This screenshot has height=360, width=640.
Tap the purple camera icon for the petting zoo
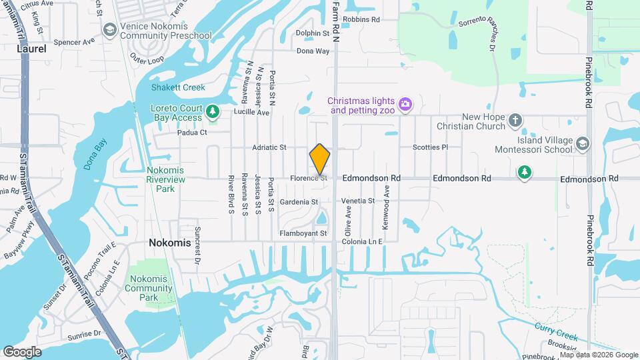tap(404, 105)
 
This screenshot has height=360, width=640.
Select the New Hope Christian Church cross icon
tap(515, 121)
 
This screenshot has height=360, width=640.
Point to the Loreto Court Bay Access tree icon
tap(213, 111)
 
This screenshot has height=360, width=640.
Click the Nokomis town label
tap(169, 243)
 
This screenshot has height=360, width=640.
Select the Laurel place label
tap(32, 49)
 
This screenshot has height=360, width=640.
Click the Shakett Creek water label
tap(178, 87)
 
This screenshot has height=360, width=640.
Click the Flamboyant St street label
tap(303, 233)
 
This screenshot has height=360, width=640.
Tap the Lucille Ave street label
tap(251, 113)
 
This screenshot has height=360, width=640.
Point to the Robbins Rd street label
tap(362, 19)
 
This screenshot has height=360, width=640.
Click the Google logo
tap(22, 351)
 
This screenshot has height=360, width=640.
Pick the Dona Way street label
tap(313, 51)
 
